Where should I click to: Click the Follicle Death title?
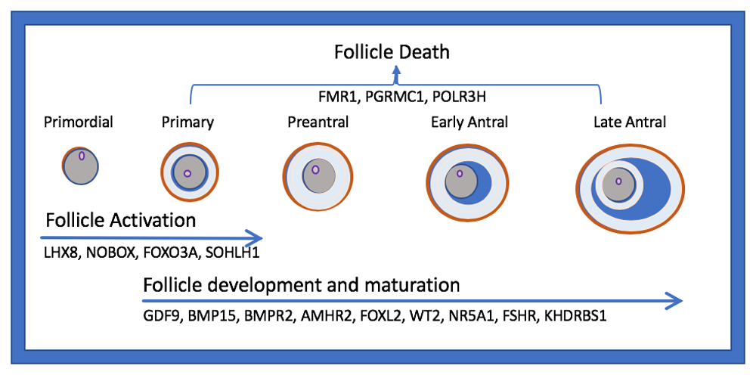click(x=392, y=51)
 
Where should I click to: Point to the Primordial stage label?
click(x=79, y=122)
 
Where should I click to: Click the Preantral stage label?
click(x=318, y=122)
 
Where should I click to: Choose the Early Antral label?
click(x=469, y=122)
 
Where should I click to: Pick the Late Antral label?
click(x=631, y=122)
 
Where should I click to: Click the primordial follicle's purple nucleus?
click(x=82, y=157)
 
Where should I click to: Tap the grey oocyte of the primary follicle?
click(x=190, y=172)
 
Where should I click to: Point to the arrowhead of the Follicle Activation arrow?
click(x=255, y=237)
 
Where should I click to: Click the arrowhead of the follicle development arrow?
click(x=675, y=301)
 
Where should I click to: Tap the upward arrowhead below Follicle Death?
click(x=397, y=71)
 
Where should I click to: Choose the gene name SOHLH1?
click(x=232, y=253)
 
